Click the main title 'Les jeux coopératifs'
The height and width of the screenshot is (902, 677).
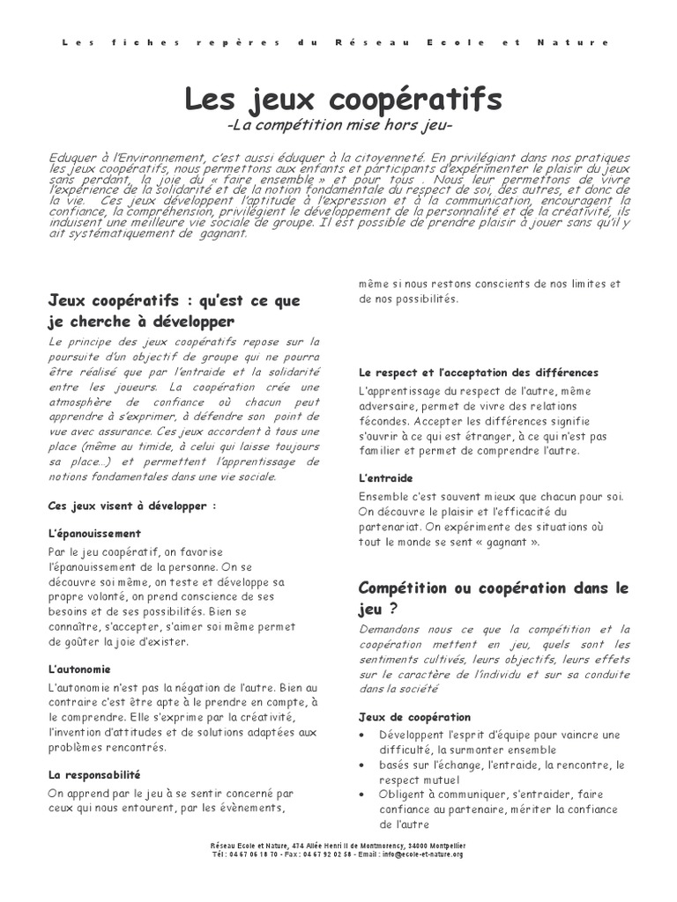[x=343, y=100]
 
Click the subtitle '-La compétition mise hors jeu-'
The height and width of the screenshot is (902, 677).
[x=339, y=128]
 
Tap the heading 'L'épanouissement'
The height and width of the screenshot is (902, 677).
[x=94, y=534]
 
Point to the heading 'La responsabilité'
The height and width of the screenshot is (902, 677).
[x=94, y=775]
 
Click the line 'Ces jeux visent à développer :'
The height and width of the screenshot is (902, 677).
[x=132, y=506]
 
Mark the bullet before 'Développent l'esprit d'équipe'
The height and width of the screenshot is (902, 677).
[x=364, y=735]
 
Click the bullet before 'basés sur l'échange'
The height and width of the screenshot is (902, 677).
[x=364, y=765]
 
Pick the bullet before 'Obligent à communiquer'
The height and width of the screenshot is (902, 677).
[x=364, y=795]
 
